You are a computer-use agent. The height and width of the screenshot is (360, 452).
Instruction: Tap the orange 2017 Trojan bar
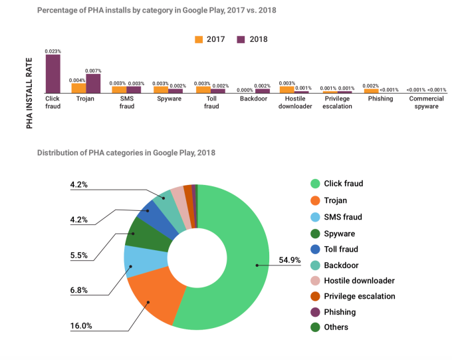[x=78, y=88]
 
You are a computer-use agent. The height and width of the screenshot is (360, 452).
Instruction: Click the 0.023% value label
[x=53, y=51]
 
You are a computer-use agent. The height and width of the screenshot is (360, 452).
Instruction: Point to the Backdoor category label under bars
[x=255, y=99]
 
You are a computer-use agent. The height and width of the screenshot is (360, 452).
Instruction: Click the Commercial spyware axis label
[x=427, y=102]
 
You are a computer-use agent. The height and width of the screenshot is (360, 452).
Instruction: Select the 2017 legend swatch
[x=199, y=39]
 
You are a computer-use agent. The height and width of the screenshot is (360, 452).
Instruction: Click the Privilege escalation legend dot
[x=314, y=296]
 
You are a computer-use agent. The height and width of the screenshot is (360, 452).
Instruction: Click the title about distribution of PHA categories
[x=126, y=152]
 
